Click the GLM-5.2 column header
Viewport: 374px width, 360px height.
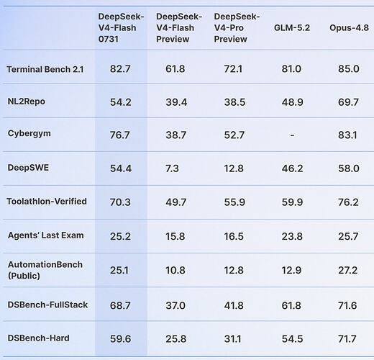coord(292,28)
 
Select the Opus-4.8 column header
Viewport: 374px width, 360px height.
coord(349,28)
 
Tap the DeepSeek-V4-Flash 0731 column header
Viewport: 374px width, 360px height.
coord(121,28)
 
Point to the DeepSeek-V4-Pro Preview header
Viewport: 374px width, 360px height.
coord(237,28)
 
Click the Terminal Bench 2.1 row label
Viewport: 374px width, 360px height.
coord(45,69)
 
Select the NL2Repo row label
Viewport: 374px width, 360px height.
coord(26,102)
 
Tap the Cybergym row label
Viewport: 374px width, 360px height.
coord(29,133)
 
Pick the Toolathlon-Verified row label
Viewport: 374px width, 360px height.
coord(47,202)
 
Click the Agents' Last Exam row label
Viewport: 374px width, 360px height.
coord(46,235)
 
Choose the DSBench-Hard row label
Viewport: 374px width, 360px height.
coord(38,338)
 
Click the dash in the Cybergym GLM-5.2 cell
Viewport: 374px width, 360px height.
coord(292,135)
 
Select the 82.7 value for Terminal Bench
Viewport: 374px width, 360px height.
coord(120,69)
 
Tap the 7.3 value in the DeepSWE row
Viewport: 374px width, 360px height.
coord(172,168)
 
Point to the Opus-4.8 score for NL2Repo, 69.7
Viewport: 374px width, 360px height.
coord(348,102)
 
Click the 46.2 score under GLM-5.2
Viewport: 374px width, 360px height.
coord(292,168)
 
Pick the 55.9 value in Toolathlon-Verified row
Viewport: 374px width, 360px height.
coord(234,202)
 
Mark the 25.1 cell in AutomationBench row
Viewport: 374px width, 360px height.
coord(119,271)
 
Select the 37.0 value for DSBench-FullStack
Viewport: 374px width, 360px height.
coord(175,306)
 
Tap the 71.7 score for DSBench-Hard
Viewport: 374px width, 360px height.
coord(347,339)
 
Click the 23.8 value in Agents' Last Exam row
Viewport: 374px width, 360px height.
coord(292,237)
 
